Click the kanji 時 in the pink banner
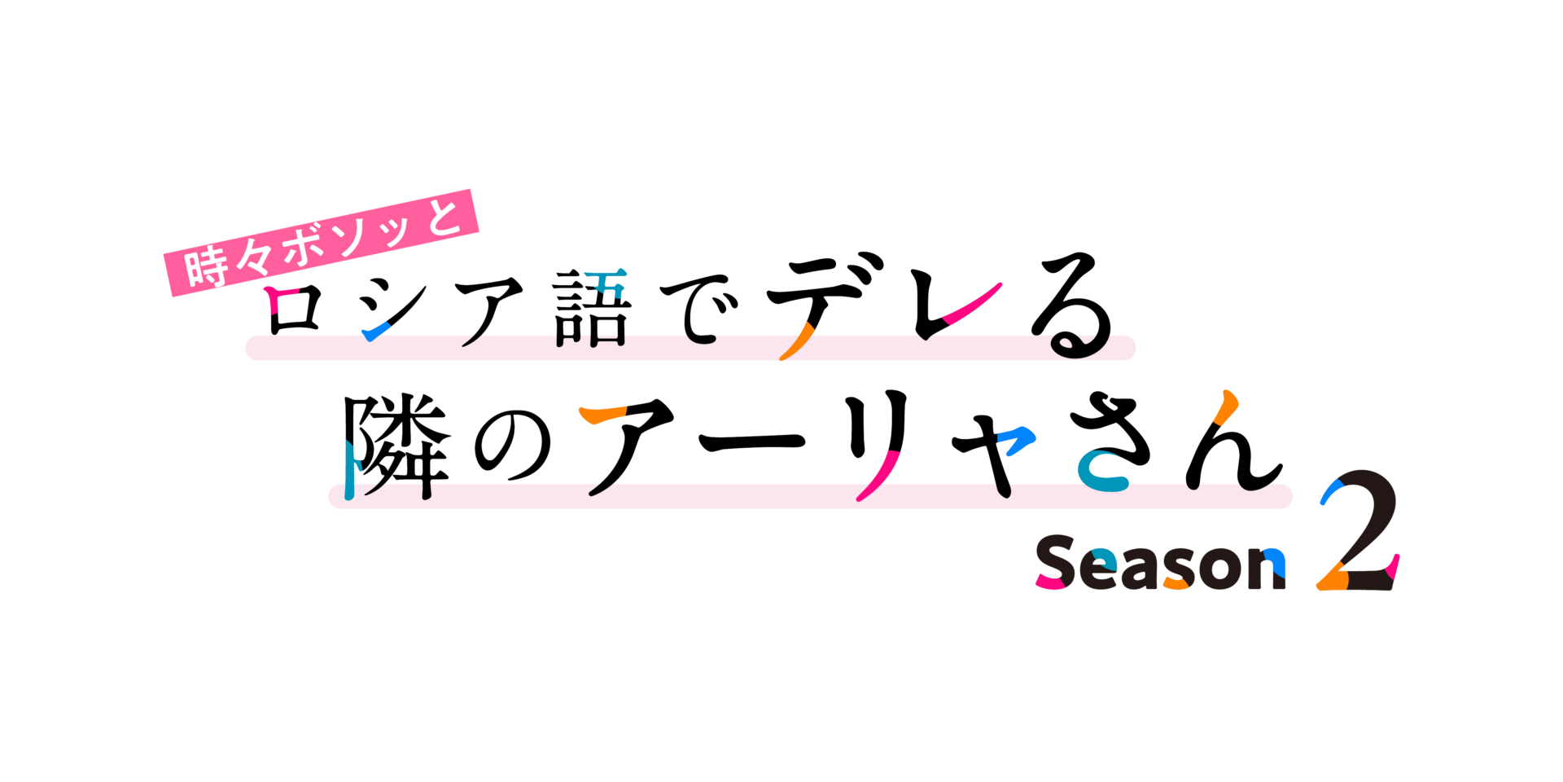(206, 266)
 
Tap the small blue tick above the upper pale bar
(375, 331)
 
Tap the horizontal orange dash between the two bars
(603, 414)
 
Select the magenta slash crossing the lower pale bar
(878, 476)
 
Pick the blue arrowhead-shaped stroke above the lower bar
(1017, 441)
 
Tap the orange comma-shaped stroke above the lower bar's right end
(1226, 406)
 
